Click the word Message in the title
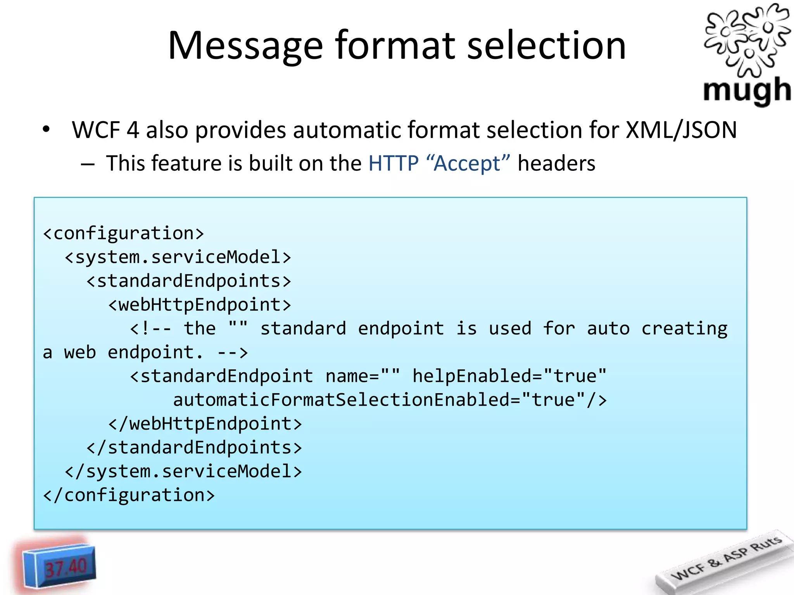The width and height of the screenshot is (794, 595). click(245, 46)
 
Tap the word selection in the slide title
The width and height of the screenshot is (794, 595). click(546, 46)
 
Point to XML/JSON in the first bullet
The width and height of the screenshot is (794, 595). click(681, 130)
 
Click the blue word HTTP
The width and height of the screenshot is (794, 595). click(394, 163)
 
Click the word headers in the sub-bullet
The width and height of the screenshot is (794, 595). click(556, 163)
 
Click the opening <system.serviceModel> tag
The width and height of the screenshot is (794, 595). click(178, 257)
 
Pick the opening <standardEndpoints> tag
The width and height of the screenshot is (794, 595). click(188, 281)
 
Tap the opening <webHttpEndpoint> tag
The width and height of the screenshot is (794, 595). click(199, 305)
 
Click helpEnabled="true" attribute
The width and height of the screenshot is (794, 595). click(509, 376)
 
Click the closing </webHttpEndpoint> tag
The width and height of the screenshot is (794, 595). click(205, 424)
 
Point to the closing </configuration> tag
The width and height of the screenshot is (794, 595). click(129, 495)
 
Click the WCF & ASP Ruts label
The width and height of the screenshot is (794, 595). click(725, 558)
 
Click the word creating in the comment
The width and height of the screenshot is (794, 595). click(684, 328)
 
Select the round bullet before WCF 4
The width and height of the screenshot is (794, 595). click(47, 130)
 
